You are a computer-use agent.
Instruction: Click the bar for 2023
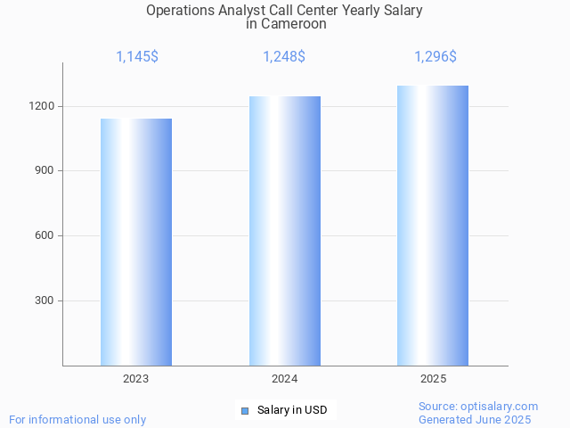[x=136, y=242]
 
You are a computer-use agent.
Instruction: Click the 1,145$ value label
[x=137, y=57]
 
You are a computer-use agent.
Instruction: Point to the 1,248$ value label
[x=284, y=57]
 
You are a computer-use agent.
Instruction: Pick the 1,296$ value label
[x=436, y=57]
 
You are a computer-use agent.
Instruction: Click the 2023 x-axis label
[x=136, y=379]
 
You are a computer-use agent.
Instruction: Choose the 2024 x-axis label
[x=285, y=379]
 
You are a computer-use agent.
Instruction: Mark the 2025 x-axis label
[x=434, y=379]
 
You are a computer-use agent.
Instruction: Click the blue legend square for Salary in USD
[x=245, y=410]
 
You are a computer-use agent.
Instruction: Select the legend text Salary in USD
[x=292, y=410]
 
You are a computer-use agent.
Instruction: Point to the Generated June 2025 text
[x=475, y=419]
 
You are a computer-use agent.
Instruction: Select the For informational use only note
[x=77, y=419]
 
